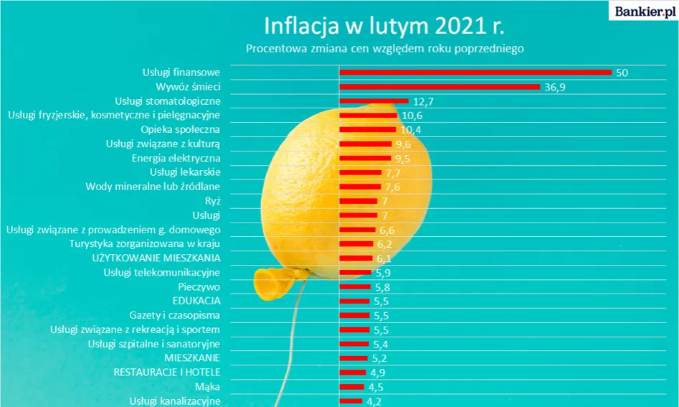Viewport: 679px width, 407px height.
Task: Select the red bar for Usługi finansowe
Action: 475,72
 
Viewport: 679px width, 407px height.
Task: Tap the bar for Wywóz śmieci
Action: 439,87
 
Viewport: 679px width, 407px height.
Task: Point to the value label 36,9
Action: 556,87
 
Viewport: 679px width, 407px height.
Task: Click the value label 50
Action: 622,72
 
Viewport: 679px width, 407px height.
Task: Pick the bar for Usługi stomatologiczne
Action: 374,101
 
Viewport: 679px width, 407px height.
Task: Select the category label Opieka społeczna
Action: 180,129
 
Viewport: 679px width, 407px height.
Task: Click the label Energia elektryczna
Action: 176,158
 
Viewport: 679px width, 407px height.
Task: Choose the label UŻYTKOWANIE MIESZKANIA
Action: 156,258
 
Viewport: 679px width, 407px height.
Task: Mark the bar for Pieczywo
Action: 355,286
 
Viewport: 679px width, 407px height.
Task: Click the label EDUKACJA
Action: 196,301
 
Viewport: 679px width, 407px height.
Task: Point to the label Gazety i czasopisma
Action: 174,315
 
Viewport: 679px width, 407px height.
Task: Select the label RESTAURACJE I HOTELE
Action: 166,372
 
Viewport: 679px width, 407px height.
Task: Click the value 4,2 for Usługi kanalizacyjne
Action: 373,401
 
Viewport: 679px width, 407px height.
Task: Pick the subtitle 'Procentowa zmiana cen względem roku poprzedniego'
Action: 385,49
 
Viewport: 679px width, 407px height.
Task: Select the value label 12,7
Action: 423,101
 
